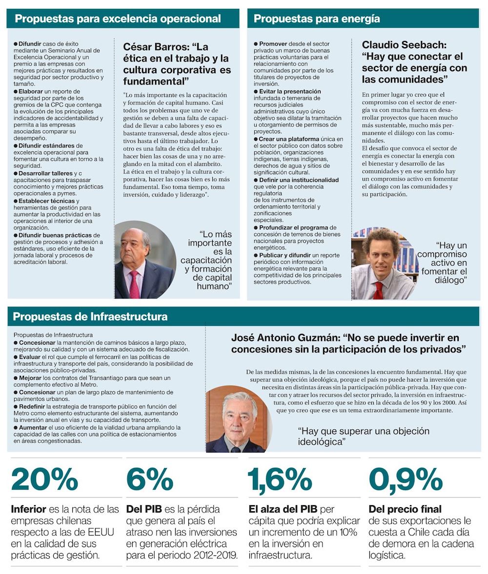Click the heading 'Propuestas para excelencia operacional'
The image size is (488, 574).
pyautogui.click(x=118, y=19)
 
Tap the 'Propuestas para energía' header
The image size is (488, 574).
pyautogui.click(x=317, y=19)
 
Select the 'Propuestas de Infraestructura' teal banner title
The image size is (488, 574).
pyautogui.click(x=90, y=316)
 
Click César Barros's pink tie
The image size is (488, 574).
pyautogui.click(x=134, y=284)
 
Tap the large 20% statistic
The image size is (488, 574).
pyautogui.click(x=44, y=479)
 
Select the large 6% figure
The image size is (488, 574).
pyautogui.click(x=149, y=479)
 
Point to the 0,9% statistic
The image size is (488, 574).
pyautogui.click(x=406, y=479)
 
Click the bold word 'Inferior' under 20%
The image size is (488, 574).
pyautogui.click(x=29, y=509)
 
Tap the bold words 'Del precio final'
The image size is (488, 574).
pyautogui.click(x=405, y=509)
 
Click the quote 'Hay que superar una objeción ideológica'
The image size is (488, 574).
pyautogui.click(x=364, y=436)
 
